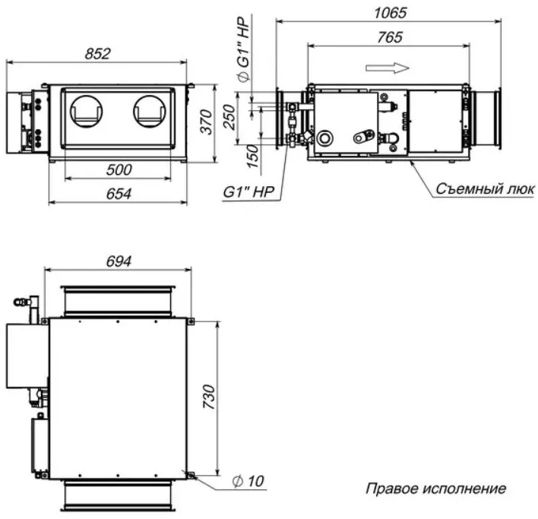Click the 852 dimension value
97,54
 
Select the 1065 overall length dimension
390,13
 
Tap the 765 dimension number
389,37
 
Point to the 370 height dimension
206,122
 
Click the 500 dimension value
119,169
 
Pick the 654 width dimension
119,194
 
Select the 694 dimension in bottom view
119,261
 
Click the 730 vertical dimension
208,397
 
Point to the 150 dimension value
252,156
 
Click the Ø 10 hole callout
248,481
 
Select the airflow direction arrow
388,68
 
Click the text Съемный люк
485,188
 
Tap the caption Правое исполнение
435,488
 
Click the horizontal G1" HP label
248,191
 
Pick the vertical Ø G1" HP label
243,49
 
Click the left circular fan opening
86,111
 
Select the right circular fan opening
149,111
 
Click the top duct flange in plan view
118,301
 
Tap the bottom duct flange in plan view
118,495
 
